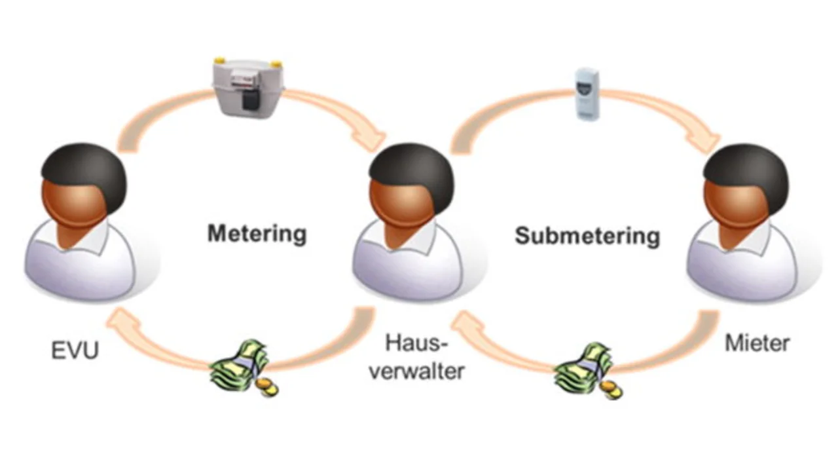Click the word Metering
click(257, 233)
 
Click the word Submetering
click(587, 235)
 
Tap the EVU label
click(75, 350)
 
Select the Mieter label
click(757, 343)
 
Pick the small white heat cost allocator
click(587, 94)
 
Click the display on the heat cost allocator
click(587, 86)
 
